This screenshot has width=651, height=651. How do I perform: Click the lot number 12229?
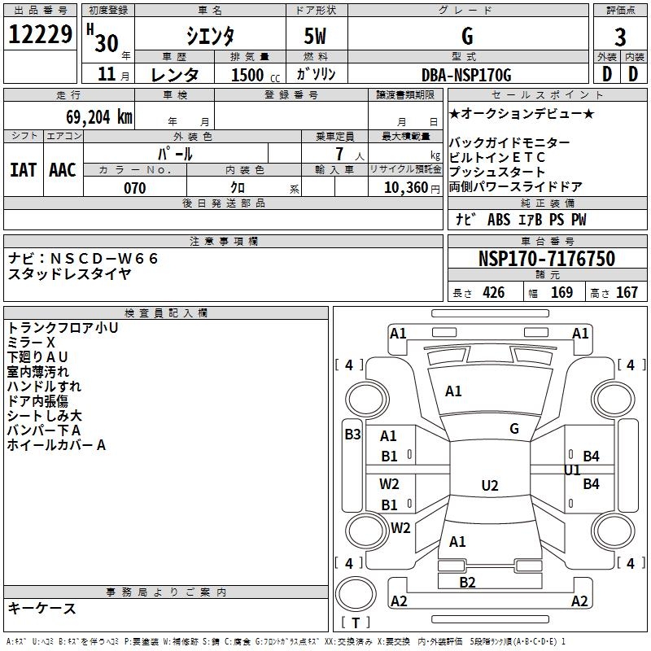(x=40, y=34)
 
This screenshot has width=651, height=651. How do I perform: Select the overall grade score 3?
(x=620, y=37)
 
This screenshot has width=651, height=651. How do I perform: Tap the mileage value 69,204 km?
(x=99, y=117)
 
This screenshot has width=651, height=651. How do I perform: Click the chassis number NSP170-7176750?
(x=547, y=258)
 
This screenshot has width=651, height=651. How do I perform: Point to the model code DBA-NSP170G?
(x=466, y=75)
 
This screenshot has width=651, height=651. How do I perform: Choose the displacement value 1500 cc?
(x=256, y=75)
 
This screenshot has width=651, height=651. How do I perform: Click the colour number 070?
(x=135, y=188)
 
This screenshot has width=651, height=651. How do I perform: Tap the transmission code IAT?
(x=23, y=170)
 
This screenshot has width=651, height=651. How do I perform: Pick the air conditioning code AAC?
(x=63, y=170)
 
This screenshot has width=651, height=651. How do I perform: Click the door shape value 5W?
(x=315, y=36)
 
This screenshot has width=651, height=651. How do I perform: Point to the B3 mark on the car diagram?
(x=353, y=435)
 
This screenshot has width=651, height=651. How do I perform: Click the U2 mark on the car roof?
(x=490, y=485)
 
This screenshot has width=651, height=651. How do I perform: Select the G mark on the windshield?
(x=514, y=429)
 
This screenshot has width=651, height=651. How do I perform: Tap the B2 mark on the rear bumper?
(x=467, y=583)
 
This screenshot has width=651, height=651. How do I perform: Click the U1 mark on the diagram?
(x=573, y=470)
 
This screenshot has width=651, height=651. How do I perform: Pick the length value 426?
(x=494, y=292)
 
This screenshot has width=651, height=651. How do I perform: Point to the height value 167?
(x=627, y=292)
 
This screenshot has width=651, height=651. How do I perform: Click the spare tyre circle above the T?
(x=356, y=594)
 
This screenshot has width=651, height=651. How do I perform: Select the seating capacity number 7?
(x=339, y=154)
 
